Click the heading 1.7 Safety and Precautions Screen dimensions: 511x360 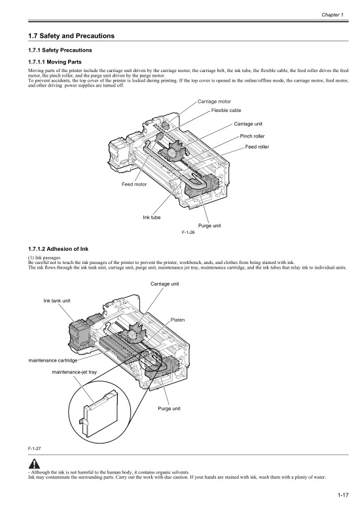67,35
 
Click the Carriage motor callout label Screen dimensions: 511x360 213,102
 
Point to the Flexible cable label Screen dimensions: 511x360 226,111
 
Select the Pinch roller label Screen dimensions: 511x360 252,136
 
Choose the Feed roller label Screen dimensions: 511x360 257,147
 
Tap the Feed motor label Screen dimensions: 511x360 134,185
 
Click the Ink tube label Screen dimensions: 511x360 152,217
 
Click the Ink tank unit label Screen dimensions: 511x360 57,300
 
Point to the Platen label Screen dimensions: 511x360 177,320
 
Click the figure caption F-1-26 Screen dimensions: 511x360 189,232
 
